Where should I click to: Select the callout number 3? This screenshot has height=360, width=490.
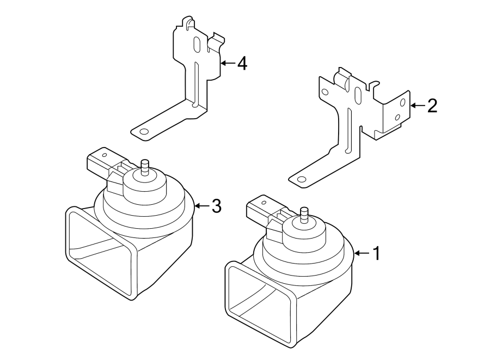[x=216, y=206]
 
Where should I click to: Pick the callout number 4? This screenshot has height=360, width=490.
[x=242, y=64]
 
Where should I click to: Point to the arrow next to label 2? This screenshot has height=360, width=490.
[x=417, y=106]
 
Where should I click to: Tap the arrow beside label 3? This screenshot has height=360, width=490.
[x=201, y=206]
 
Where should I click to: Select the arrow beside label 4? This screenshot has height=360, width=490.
[x=227, y=64]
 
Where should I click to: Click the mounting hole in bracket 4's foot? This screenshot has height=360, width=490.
[x=144, y=132]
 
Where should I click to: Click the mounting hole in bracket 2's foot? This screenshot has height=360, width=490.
[x=301, y=179]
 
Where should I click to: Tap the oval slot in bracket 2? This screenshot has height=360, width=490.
[x=358, y=97]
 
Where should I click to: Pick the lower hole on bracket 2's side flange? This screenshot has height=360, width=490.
[x=398, y=117]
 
